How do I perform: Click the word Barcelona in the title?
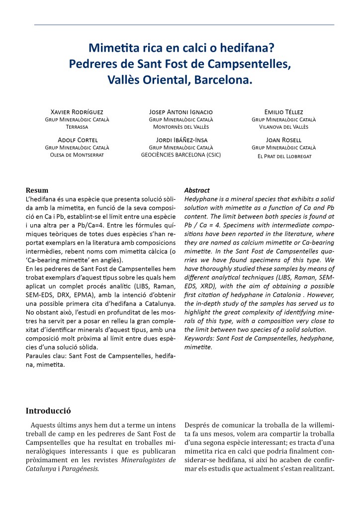(226, 79)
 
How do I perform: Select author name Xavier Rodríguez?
(77, 112)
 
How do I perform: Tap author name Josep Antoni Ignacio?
(181, 112)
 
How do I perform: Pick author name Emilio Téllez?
(283, 112)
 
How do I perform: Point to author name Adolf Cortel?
(77, 140)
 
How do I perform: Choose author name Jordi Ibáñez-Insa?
(181, 140)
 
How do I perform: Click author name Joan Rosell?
(283, 140)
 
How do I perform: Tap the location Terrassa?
(77, 127)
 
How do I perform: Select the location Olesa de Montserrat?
(77, 155)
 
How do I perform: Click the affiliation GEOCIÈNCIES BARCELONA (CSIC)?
(181, 155)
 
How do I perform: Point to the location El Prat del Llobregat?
(283, 156)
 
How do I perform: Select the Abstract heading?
(197, 190)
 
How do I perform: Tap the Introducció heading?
(48, 411)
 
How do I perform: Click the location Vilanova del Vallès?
(283, 127)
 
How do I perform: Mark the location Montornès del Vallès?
(181, 127)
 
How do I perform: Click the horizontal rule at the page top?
(184, 24)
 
